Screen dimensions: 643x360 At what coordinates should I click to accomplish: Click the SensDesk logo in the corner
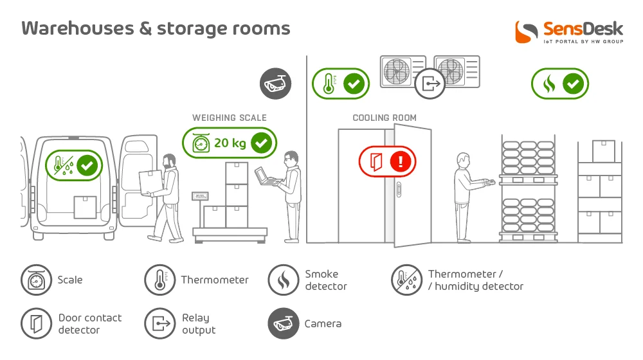tap(569, 32)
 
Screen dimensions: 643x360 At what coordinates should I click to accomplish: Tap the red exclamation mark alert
tap(401, 161)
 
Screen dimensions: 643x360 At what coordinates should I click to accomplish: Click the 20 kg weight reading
tap(230, 143)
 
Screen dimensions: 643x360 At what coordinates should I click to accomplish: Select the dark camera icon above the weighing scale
tap(276, 84)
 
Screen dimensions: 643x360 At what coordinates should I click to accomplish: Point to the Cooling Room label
tap(385, 118)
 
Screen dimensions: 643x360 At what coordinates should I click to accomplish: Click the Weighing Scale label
tap(230, 118)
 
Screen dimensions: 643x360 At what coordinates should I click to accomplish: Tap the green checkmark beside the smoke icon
tap(574, 84)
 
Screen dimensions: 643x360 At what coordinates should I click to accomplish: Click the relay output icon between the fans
tap(430, 84)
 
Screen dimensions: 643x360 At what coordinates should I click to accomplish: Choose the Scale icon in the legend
tap(37, 280)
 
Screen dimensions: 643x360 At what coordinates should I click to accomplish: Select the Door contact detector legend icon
tap(37, 323)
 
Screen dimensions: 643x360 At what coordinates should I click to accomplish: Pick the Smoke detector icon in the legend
tap(284, 280)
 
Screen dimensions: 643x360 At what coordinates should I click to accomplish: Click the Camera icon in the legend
tap(284, 323)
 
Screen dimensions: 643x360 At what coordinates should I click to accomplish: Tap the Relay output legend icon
tap(160, 323)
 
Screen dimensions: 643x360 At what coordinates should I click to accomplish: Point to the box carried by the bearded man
tap(150, 182)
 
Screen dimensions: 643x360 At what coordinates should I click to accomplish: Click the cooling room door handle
tap(399, 190)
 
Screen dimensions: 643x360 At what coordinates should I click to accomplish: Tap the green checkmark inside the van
tap(87, 166)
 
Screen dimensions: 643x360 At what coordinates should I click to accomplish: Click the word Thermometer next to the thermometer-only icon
tap(215, 280)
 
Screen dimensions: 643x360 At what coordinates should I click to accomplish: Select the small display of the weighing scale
tap(200, 197)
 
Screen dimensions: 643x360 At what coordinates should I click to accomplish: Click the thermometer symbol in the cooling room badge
tap(329, 84)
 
